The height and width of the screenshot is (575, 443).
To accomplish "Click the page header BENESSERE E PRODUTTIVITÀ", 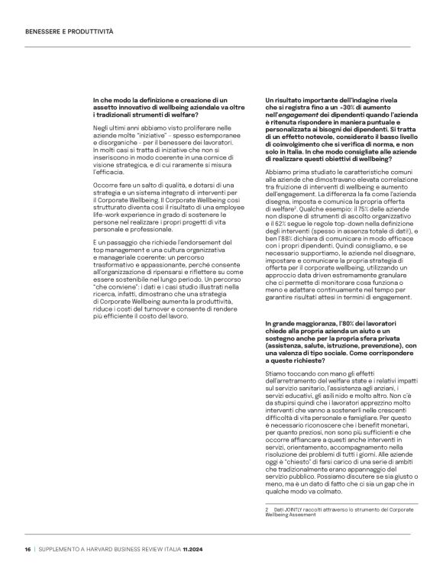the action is click(69, 31).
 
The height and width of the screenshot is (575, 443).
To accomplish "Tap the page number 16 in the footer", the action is click(27, 549).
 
